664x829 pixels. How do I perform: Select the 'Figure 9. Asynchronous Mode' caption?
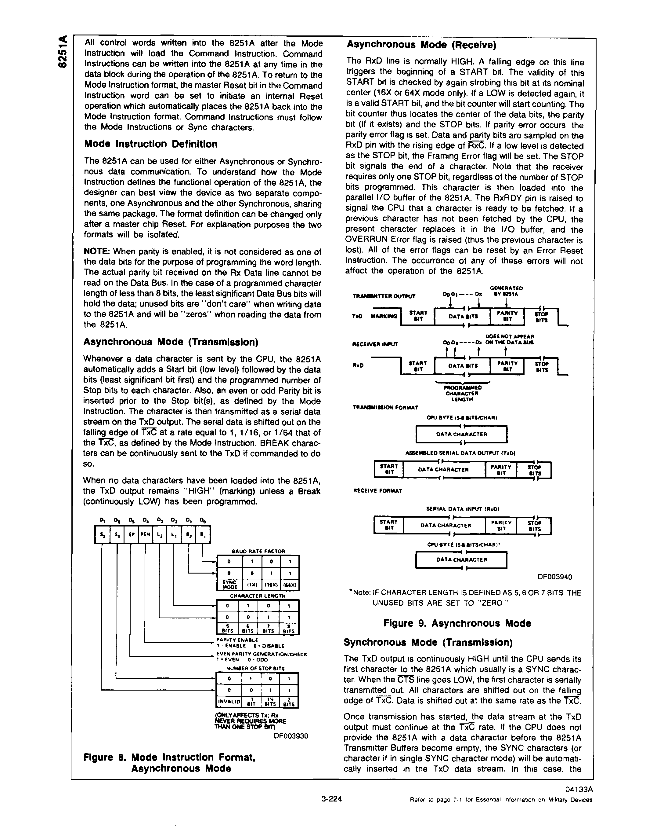457,623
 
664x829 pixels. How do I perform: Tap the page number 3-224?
331,799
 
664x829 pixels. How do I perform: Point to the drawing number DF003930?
291,736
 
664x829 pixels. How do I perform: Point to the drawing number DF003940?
554,577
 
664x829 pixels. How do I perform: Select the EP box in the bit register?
131,534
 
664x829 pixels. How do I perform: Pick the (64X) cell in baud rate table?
290,585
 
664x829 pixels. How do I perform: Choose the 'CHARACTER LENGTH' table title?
257,596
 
